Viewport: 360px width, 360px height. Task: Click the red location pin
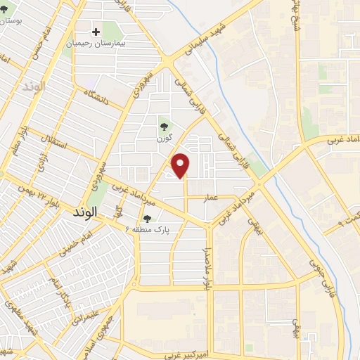click(182, 165)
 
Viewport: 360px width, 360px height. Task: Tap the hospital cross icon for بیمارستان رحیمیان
click(96, 32)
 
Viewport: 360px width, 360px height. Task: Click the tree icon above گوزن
click(164, 127)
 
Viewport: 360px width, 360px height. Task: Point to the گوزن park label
click(164, 138)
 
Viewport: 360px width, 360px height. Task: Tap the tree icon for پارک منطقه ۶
click(147, 218)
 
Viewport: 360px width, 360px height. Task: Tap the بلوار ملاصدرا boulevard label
click(207, 265)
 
